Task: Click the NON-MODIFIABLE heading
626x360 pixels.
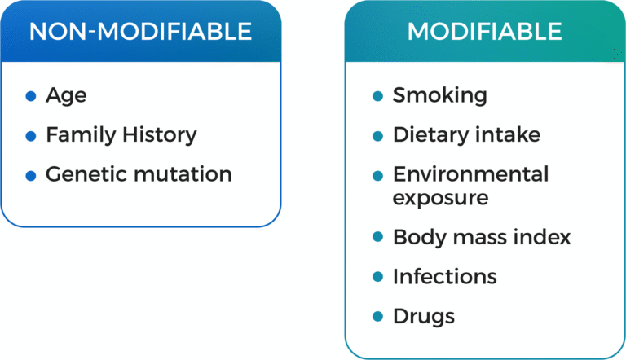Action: tap(140, 32)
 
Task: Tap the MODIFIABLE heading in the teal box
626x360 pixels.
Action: tap(485, 32)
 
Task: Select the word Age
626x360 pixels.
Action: tap(66, 96)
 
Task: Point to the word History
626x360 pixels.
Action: tap(160, 135)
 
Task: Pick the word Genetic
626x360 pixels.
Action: tap(86, 175)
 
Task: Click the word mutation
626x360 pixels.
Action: tap(183, 174)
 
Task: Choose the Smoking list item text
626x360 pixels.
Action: tap(440, 96)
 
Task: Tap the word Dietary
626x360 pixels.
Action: tap(430, 135)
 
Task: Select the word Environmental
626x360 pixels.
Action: tap(471, 174)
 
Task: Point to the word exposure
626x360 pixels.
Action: tap(441, 199)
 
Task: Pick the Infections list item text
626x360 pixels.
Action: tap(445, 277)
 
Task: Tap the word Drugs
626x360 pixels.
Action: tap(424, 317)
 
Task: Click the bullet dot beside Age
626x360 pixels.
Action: tap(31, 96)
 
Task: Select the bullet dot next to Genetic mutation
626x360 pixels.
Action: tap(31, 176)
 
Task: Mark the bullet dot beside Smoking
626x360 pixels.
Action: tap(377, 96)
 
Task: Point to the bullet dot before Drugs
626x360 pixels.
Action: tap(377, 317)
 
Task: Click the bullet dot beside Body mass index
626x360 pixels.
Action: tap(377, 237)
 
